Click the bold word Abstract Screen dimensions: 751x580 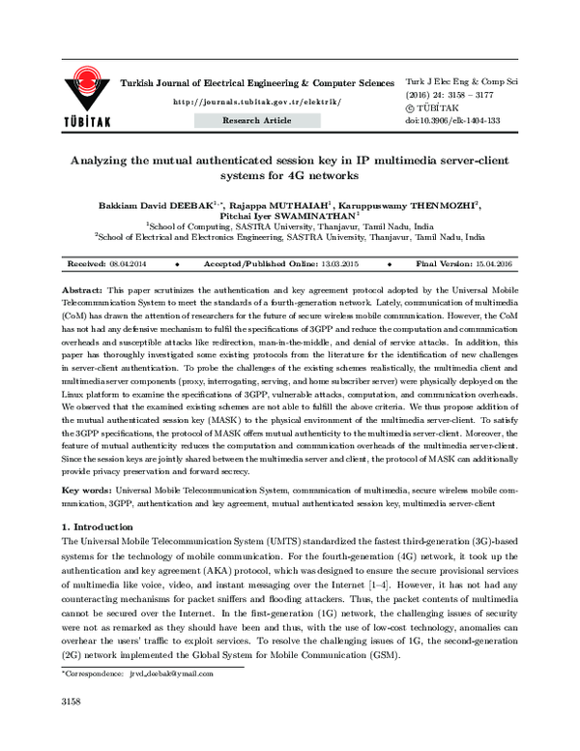click(81, 290)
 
